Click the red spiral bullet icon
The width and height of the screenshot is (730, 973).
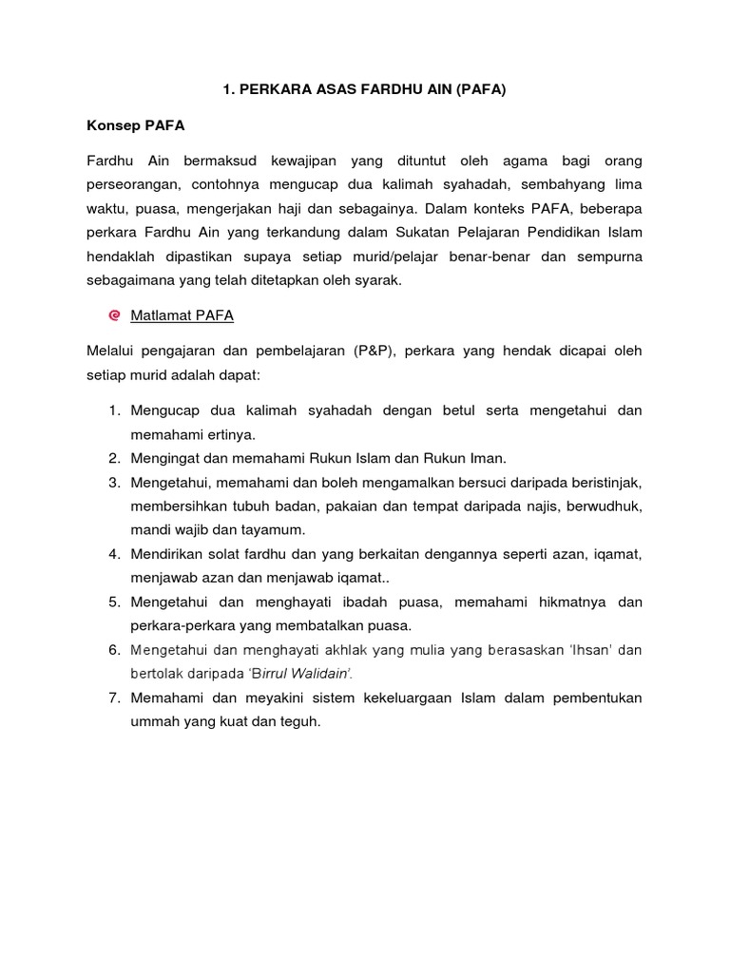click(114, 315)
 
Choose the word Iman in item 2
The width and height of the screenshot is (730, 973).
click(488, 458)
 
